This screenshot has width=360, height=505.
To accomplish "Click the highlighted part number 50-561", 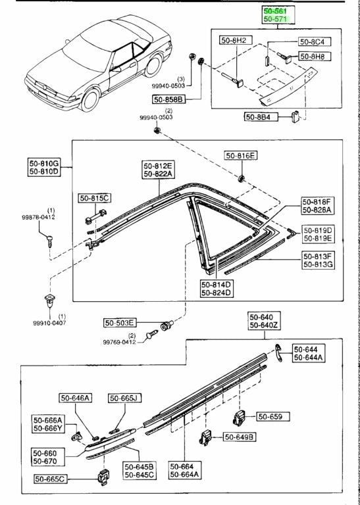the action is [x=274, y=11].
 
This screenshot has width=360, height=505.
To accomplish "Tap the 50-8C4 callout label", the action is [x=311, y=41].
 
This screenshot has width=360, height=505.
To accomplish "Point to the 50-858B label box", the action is [x=169, y=99].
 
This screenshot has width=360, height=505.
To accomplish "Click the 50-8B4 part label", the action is [x=257, y=116].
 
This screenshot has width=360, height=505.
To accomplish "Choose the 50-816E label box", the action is [x=242, y=156].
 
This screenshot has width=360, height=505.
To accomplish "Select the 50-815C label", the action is [x=95, y=198].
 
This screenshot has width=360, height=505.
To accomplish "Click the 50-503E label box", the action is [x=120, y=323].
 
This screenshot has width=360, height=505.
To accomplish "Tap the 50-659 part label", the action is [x=273, y=417].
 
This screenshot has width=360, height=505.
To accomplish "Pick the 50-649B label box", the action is [x=240, y=437].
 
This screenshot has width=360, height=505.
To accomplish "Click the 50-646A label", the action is [x=76, y=398].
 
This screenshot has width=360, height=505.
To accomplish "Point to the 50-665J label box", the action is [x=125, y=398].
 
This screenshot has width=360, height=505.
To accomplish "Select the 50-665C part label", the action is [x=51, y=479].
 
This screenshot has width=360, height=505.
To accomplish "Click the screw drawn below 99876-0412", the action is [x=49, y=241].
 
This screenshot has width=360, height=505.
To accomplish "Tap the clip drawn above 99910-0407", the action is [x=49, y=301].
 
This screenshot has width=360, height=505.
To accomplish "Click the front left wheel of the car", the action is [x=90, y=99].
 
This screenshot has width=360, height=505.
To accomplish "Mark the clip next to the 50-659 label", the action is [x=239, y=418].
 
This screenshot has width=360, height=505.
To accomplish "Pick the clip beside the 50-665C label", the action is [x=103, y=478].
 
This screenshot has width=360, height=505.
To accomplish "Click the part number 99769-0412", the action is [x=120, y=343].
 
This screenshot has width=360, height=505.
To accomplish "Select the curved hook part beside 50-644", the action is [x=278, y=352].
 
